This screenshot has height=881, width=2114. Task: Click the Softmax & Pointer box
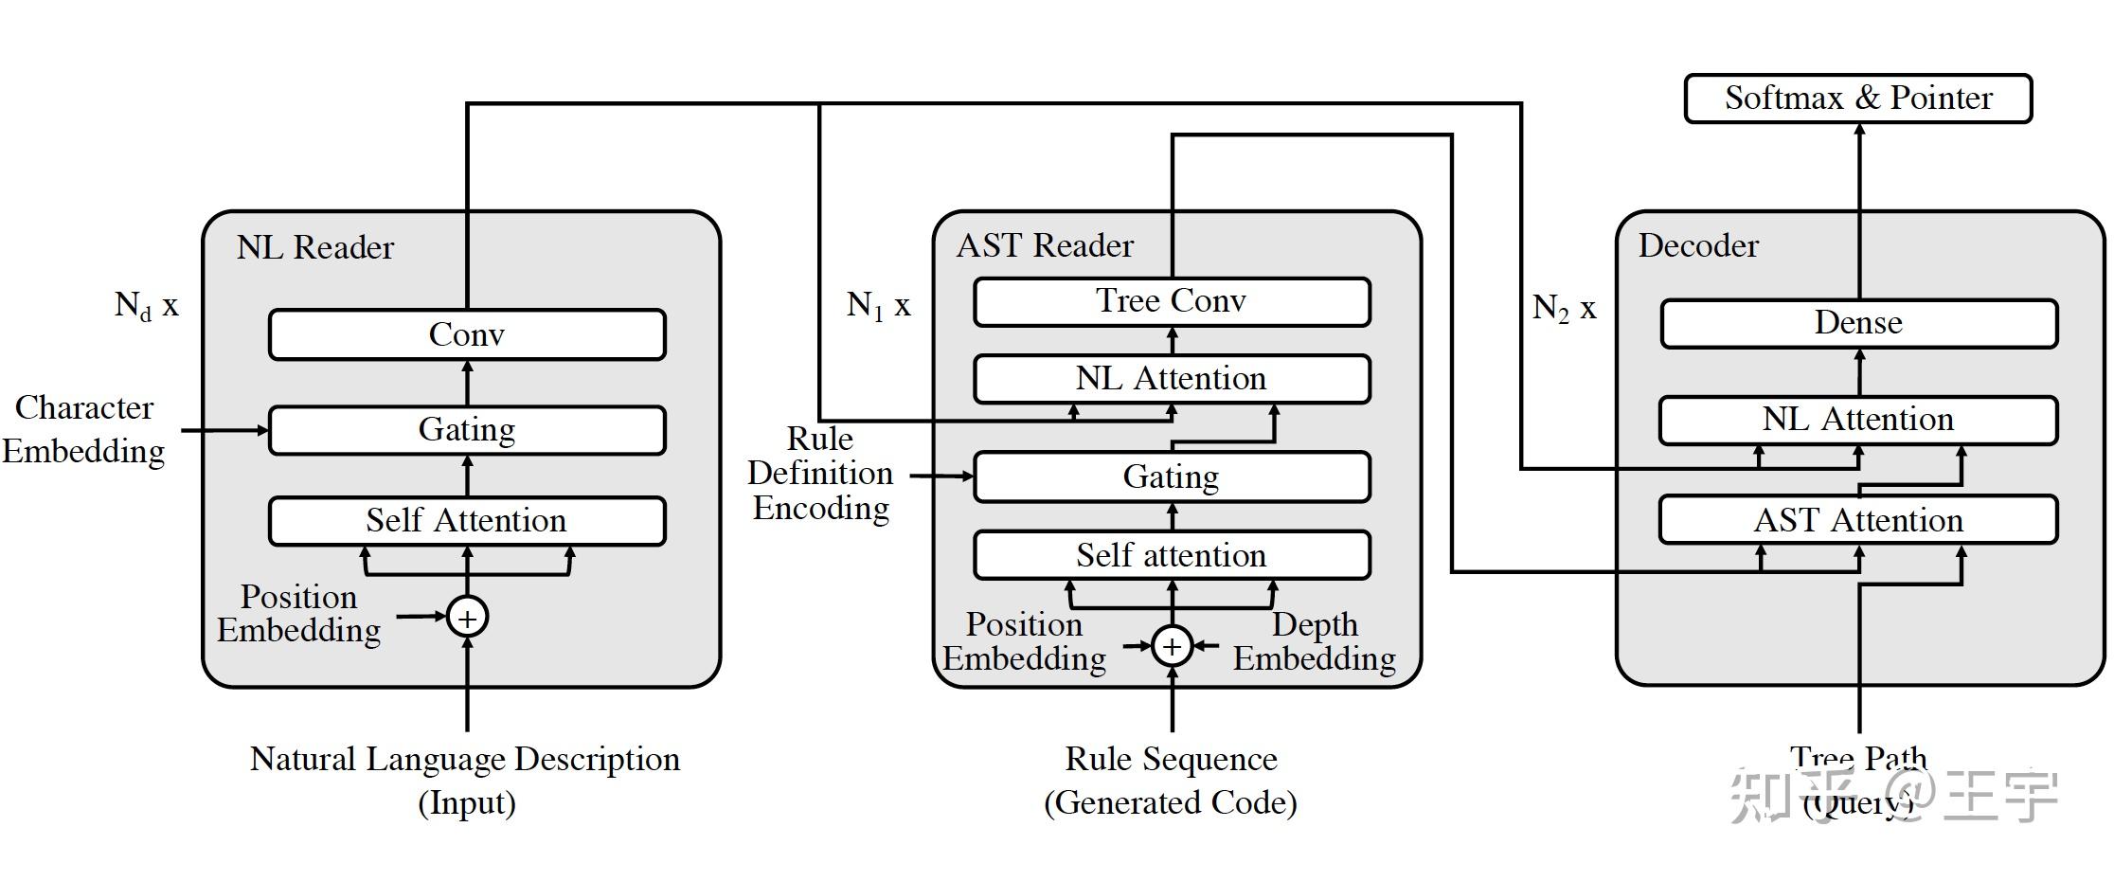pos(1857,99)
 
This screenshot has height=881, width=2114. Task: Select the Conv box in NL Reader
pos(467,334)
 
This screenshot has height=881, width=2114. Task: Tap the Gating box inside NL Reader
pos(467,430)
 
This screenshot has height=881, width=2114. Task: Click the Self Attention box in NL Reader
pos(467,520)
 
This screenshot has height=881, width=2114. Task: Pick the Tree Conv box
pos(1172,301)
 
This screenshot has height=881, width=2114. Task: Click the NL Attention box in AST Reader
pos(1172,379)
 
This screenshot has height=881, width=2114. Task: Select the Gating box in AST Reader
pos(1172,476)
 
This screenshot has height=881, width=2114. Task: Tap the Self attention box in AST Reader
pos(1172,555)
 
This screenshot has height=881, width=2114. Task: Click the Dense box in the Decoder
pos(1858,323)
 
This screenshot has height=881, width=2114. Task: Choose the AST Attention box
pos(1858,520)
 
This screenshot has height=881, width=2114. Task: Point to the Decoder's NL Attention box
pos(1858,420)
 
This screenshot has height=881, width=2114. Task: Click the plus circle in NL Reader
pos(467,618)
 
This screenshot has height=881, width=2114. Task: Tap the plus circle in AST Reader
pos(1172,646)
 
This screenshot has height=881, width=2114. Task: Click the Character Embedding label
pos(83,429)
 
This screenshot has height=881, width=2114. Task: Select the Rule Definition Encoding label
pos(821,474)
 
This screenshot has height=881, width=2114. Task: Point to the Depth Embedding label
pos(1315,641)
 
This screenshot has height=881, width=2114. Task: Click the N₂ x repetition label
pos(1564,307)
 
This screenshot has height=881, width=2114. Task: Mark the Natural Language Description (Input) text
pos(465,780)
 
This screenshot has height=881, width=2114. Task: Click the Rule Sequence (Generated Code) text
pos(1171,780)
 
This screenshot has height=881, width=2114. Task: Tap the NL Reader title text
pos(315,247)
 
